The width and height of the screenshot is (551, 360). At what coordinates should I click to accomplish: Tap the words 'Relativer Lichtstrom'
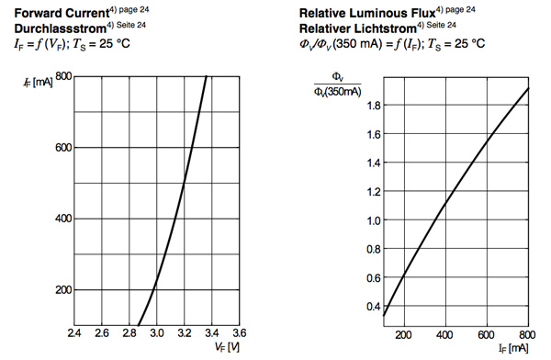point(354,28)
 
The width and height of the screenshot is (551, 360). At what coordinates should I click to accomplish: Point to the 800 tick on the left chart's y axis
point(63,76)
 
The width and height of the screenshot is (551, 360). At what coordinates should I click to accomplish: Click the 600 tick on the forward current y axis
point(63,148)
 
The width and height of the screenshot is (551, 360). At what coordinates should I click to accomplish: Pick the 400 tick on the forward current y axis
point(63,219)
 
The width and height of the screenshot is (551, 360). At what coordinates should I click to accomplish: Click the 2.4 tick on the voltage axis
point(73,333)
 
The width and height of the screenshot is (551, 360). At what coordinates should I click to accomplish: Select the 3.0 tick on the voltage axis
point(157,333)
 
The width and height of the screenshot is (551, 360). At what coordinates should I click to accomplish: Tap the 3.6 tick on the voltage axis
point(241,333)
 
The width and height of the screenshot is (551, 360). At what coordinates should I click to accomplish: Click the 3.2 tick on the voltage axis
point(185,333)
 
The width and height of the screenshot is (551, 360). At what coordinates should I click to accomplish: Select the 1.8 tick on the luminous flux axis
point(373,107)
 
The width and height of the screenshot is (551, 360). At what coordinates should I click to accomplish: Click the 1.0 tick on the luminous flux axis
point(373,221)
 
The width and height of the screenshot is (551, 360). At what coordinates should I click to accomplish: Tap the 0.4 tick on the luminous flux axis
point(373,307)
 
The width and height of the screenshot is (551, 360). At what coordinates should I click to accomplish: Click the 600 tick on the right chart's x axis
point(487,334)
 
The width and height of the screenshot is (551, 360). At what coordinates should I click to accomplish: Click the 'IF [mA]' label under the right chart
point(514,350)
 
